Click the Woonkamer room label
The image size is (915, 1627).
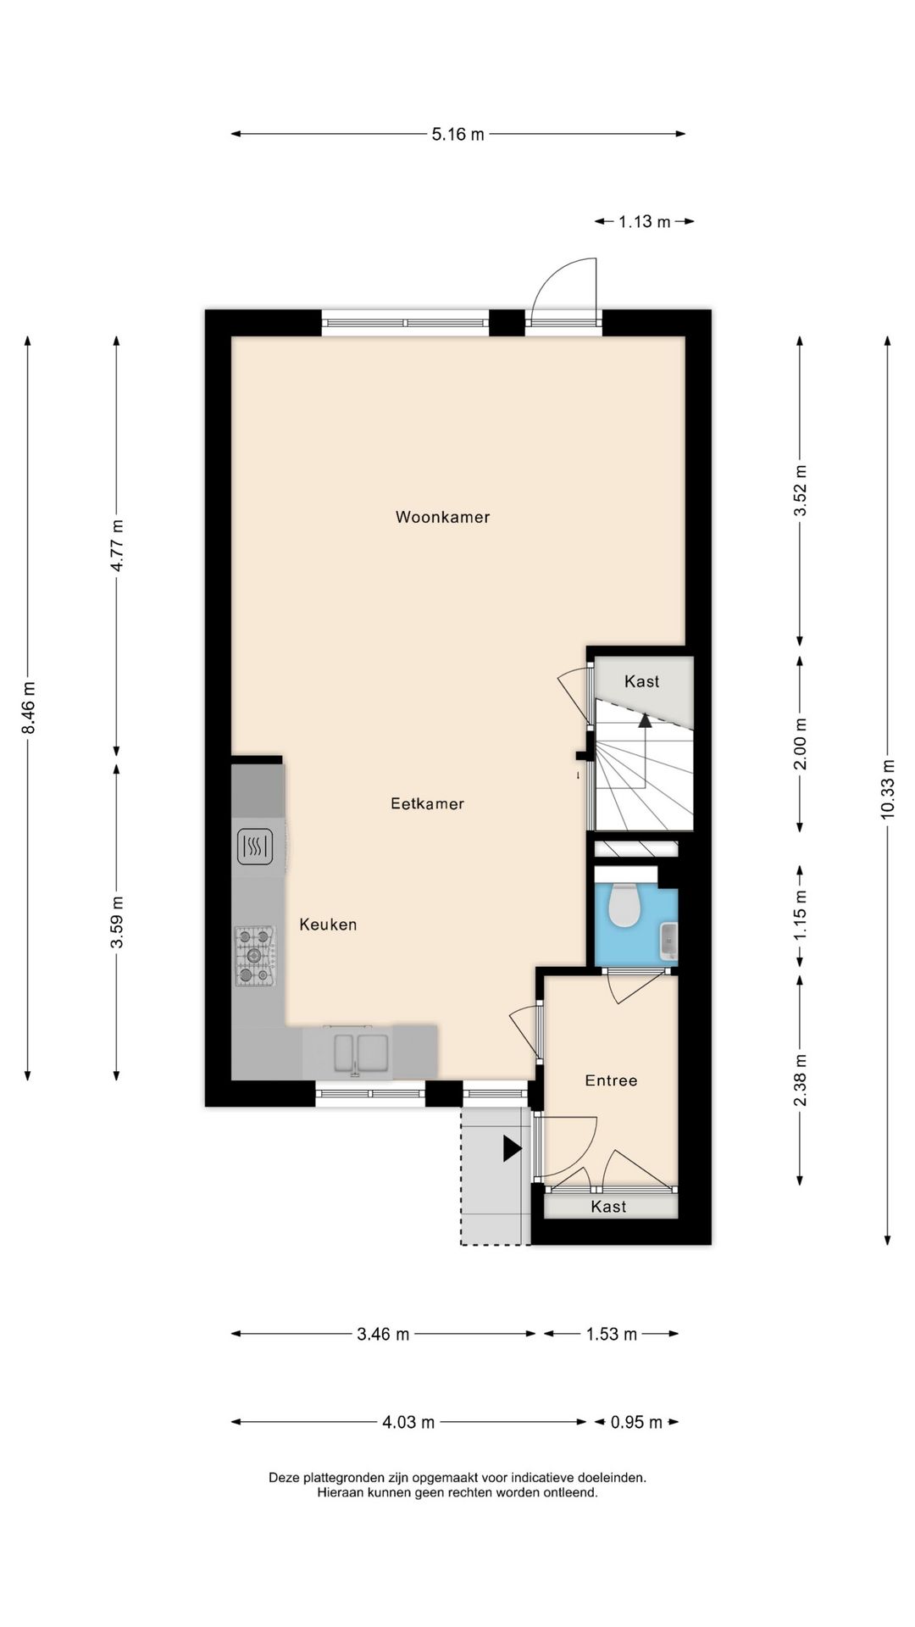[442, 517]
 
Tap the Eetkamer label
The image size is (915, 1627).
[427, 803]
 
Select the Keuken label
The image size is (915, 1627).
[328, 925]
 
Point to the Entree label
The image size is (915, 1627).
[611, 1080]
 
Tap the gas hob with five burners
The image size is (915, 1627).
[255, 956]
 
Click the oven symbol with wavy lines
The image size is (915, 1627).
[254, 847]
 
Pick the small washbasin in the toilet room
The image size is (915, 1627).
[669, 941]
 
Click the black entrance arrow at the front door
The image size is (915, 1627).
[512, 1148]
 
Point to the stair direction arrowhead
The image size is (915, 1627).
[645, 720]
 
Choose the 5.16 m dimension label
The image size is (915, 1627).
[457, 134]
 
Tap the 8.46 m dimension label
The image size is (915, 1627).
[28, 708]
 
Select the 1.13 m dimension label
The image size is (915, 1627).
[644, 222]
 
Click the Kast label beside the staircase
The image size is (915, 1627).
[641, 681]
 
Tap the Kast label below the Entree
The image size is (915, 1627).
[608, 1207]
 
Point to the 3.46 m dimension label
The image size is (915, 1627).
[383, 1335]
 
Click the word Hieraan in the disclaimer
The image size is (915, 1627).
[338, 1493]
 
